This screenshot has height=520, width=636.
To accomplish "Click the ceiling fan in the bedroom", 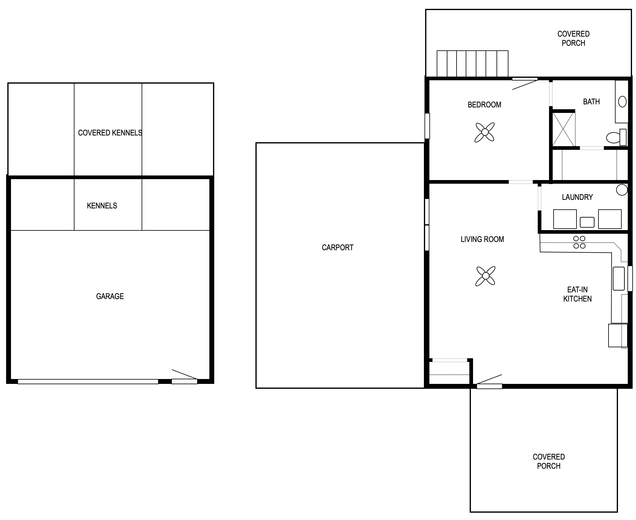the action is tap(484, 132).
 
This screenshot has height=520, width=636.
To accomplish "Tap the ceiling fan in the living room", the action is tap(485, 276).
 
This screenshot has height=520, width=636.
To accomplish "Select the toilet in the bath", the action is tap(616, 137).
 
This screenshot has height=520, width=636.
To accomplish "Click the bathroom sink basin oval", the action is tap(622, 102).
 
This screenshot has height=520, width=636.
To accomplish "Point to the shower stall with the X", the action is tap(564, 129).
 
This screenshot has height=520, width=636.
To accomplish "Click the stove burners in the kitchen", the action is tap(579, 242).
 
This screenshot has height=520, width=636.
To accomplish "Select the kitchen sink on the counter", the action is tap(619, 279).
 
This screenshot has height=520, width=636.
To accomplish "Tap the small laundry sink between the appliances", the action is tap(587, 222).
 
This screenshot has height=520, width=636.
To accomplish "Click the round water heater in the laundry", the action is tap(622, 190).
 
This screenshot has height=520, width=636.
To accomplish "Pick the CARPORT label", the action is tap(338, 247).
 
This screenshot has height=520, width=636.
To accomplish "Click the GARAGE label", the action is tap(110, 296).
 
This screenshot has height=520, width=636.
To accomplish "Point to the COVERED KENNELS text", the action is tap(110, 133).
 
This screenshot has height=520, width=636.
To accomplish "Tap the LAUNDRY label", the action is tap(577, 197).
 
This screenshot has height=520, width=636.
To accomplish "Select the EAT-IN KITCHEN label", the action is tap(577, 294).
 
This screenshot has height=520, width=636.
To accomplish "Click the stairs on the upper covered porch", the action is tap(472, 63).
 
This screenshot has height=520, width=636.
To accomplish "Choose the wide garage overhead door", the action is tap(88, 381).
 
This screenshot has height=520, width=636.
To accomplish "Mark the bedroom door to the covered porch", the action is tap(525, 84).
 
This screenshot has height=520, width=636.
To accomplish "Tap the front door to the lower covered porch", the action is tap(489, 381).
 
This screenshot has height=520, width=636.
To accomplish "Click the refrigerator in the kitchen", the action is tap(618, 335).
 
